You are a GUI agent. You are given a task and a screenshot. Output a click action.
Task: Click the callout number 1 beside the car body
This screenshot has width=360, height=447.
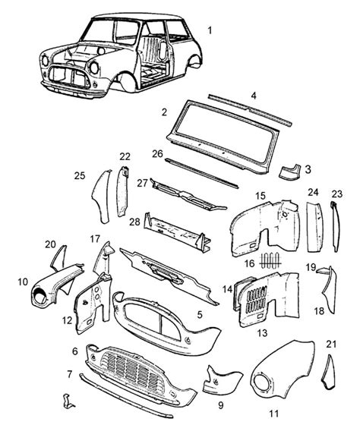pos(210,30)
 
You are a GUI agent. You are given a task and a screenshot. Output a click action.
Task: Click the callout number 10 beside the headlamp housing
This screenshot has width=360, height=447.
pos(23,282)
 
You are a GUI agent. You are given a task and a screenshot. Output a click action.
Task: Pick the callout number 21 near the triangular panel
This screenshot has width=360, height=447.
pos(330,344)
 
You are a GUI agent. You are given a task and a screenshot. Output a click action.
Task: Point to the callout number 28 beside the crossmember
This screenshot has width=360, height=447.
pos(134,221)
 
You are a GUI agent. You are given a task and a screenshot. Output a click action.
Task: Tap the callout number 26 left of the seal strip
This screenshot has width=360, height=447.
pos(157,153)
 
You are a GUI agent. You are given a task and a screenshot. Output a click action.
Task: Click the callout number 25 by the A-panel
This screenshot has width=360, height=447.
pos(79,176)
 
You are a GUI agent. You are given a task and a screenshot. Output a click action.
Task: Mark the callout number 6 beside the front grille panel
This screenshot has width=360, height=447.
pos(74,351)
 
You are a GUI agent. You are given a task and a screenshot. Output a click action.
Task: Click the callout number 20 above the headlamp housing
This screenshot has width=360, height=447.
pos(50,244)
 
